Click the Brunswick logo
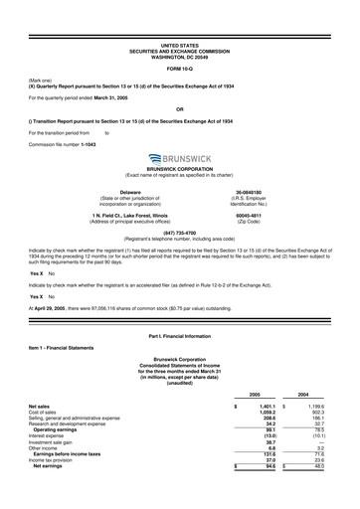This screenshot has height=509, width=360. (179, 158)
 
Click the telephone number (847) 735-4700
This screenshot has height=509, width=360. (179, 233)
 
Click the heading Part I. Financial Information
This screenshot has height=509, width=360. (179, 338)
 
